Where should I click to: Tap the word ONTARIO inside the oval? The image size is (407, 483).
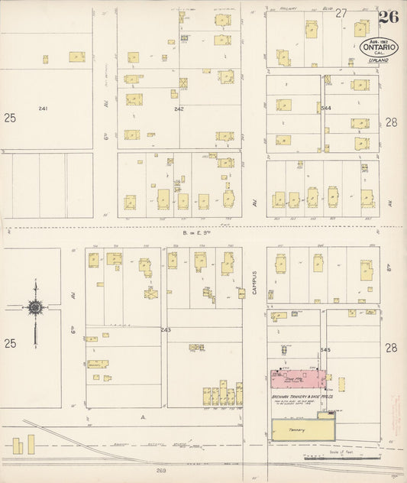(x=378, y=47)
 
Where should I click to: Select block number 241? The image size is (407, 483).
(x=43, y=109)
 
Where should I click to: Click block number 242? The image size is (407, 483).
(x=179, y=109)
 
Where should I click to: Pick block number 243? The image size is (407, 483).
(x=165, y=329)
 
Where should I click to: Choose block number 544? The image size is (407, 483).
(x=326, y=109)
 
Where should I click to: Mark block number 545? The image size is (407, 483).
(x=326, y=348)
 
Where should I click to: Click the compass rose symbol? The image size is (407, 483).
(x=34, y=307)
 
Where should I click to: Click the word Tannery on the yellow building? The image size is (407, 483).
(x=297, y=430)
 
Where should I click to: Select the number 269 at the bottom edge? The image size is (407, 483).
(x=162, y=472)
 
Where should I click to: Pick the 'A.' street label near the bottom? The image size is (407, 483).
(x=142, y=417)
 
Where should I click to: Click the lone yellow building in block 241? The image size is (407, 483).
(x=76, y=57)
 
